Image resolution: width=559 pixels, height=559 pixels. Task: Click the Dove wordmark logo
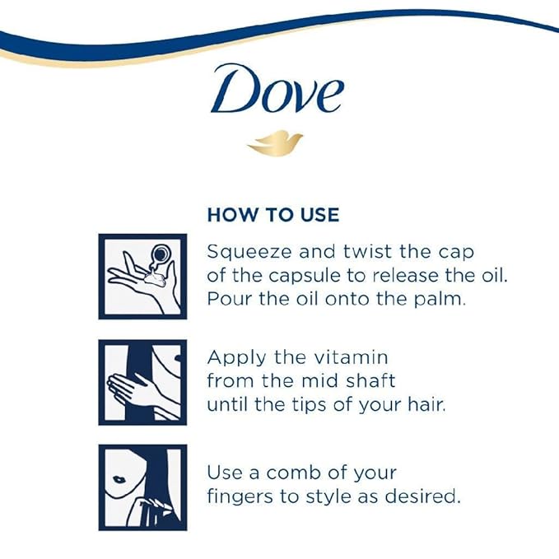click(x=276, y=90)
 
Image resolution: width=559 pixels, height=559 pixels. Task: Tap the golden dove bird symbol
click(x=275, y=142)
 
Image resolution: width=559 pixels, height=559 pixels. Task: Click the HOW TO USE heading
click(x=273, y=215)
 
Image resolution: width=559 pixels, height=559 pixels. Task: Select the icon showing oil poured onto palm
click(x=142, y=276)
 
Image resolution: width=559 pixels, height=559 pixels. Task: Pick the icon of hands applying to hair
click(x=142, y=382)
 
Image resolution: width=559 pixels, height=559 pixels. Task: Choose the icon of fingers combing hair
click(x=142, y=487)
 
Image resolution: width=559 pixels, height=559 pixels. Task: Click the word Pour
click(x=227, y=299)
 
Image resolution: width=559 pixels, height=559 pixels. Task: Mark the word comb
click(x=298, y=473)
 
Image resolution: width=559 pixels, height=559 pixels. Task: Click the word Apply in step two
click(x=233, y=358)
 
